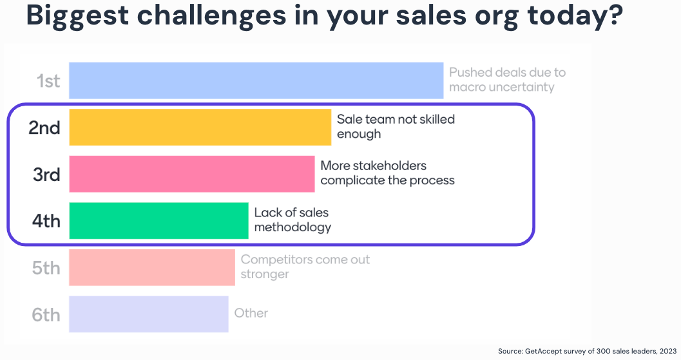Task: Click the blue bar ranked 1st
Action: [256, 81]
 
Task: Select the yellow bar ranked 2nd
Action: [200, 127]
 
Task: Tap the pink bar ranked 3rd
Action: [191, 174]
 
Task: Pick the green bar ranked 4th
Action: [158, 221]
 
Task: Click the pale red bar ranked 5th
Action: [151, 267]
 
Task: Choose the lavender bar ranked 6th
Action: [148, 314]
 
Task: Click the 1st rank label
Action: [48, 81]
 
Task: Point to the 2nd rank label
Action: [44, 128]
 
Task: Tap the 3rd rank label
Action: [46, 175]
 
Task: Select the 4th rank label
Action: [46, 222]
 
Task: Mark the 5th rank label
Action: [46, 268]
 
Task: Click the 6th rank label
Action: [46, 315]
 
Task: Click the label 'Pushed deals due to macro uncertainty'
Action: [506, 80]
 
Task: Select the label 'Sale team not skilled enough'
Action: [396, 126]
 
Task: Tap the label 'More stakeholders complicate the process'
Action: [387, 173]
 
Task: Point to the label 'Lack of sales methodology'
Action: [293, 220]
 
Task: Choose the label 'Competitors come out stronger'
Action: [305, 267]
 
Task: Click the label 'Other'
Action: [251, 313]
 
